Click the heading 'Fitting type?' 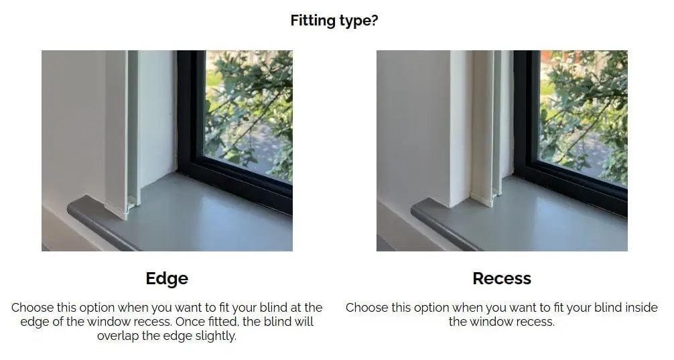tap(334, 20)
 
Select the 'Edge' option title tap(167, 279)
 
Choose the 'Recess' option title tap(502, 278)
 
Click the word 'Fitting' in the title tap(312, 20)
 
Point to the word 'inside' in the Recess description tap(641, 308)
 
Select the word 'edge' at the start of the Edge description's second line tap(35, 322)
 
